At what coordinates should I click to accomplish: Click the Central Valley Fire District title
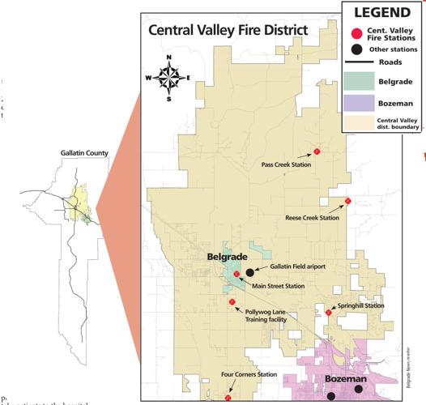coord(228,32)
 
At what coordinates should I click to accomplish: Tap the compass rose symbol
coord(168,77)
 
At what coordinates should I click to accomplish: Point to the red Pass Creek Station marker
coord(318,151)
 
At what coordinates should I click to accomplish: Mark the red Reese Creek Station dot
coord(347,201)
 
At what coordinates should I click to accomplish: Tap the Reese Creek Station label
coord(312,217)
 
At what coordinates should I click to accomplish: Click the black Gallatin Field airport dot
coord(249,272)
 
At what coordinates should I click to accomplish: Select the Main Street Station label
coord(278,286)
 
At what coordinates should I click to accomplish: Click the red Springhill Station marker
coord(328,312)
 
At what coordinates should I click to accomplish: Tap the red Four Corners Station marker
coord(229,397)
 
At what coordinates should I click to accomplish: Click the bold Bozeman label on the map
coord(346,378)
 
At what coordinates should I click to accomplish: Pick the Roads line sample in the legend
coord(357,61)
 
